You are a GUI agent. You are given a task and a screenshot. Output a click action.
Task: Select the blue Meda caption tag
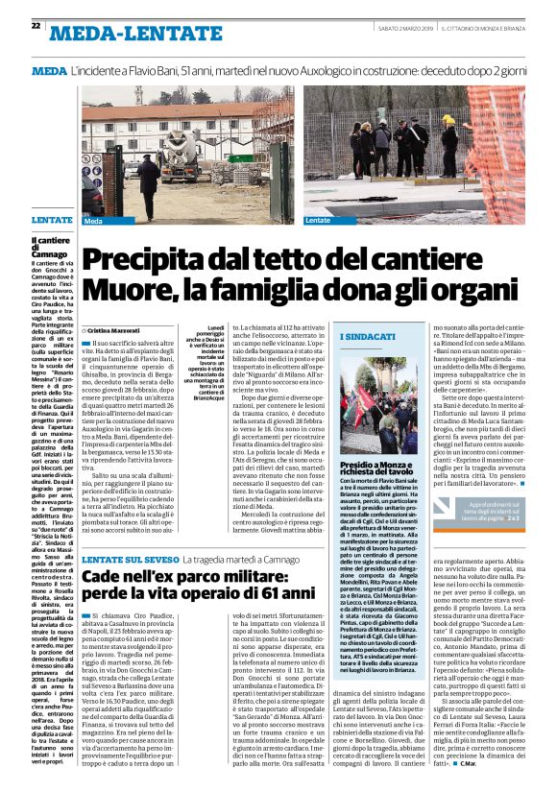click(93, 221)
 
